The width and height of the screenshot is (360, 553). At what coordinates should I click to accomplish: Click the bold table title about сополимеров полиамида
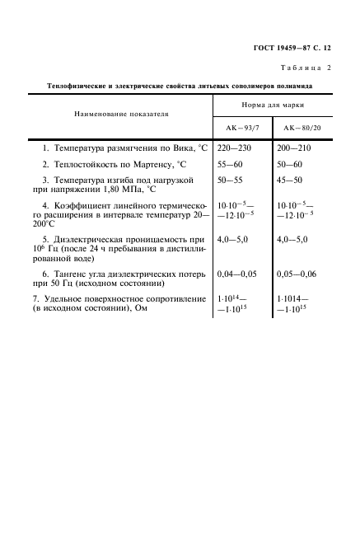click(180, 85)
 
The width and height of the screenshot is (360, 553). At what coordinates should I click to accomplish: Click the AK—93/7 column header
click(242, 128)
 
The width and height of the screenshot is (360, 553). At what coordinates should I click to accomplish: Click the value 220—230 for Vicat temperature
click(233, 148)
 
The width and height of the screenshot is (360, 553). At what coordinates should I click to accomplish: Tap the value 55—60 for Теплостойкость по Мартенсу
click(230, 165)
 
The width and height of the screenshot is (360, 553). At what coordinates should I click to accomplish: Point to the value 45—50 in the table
click(293, 179)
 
